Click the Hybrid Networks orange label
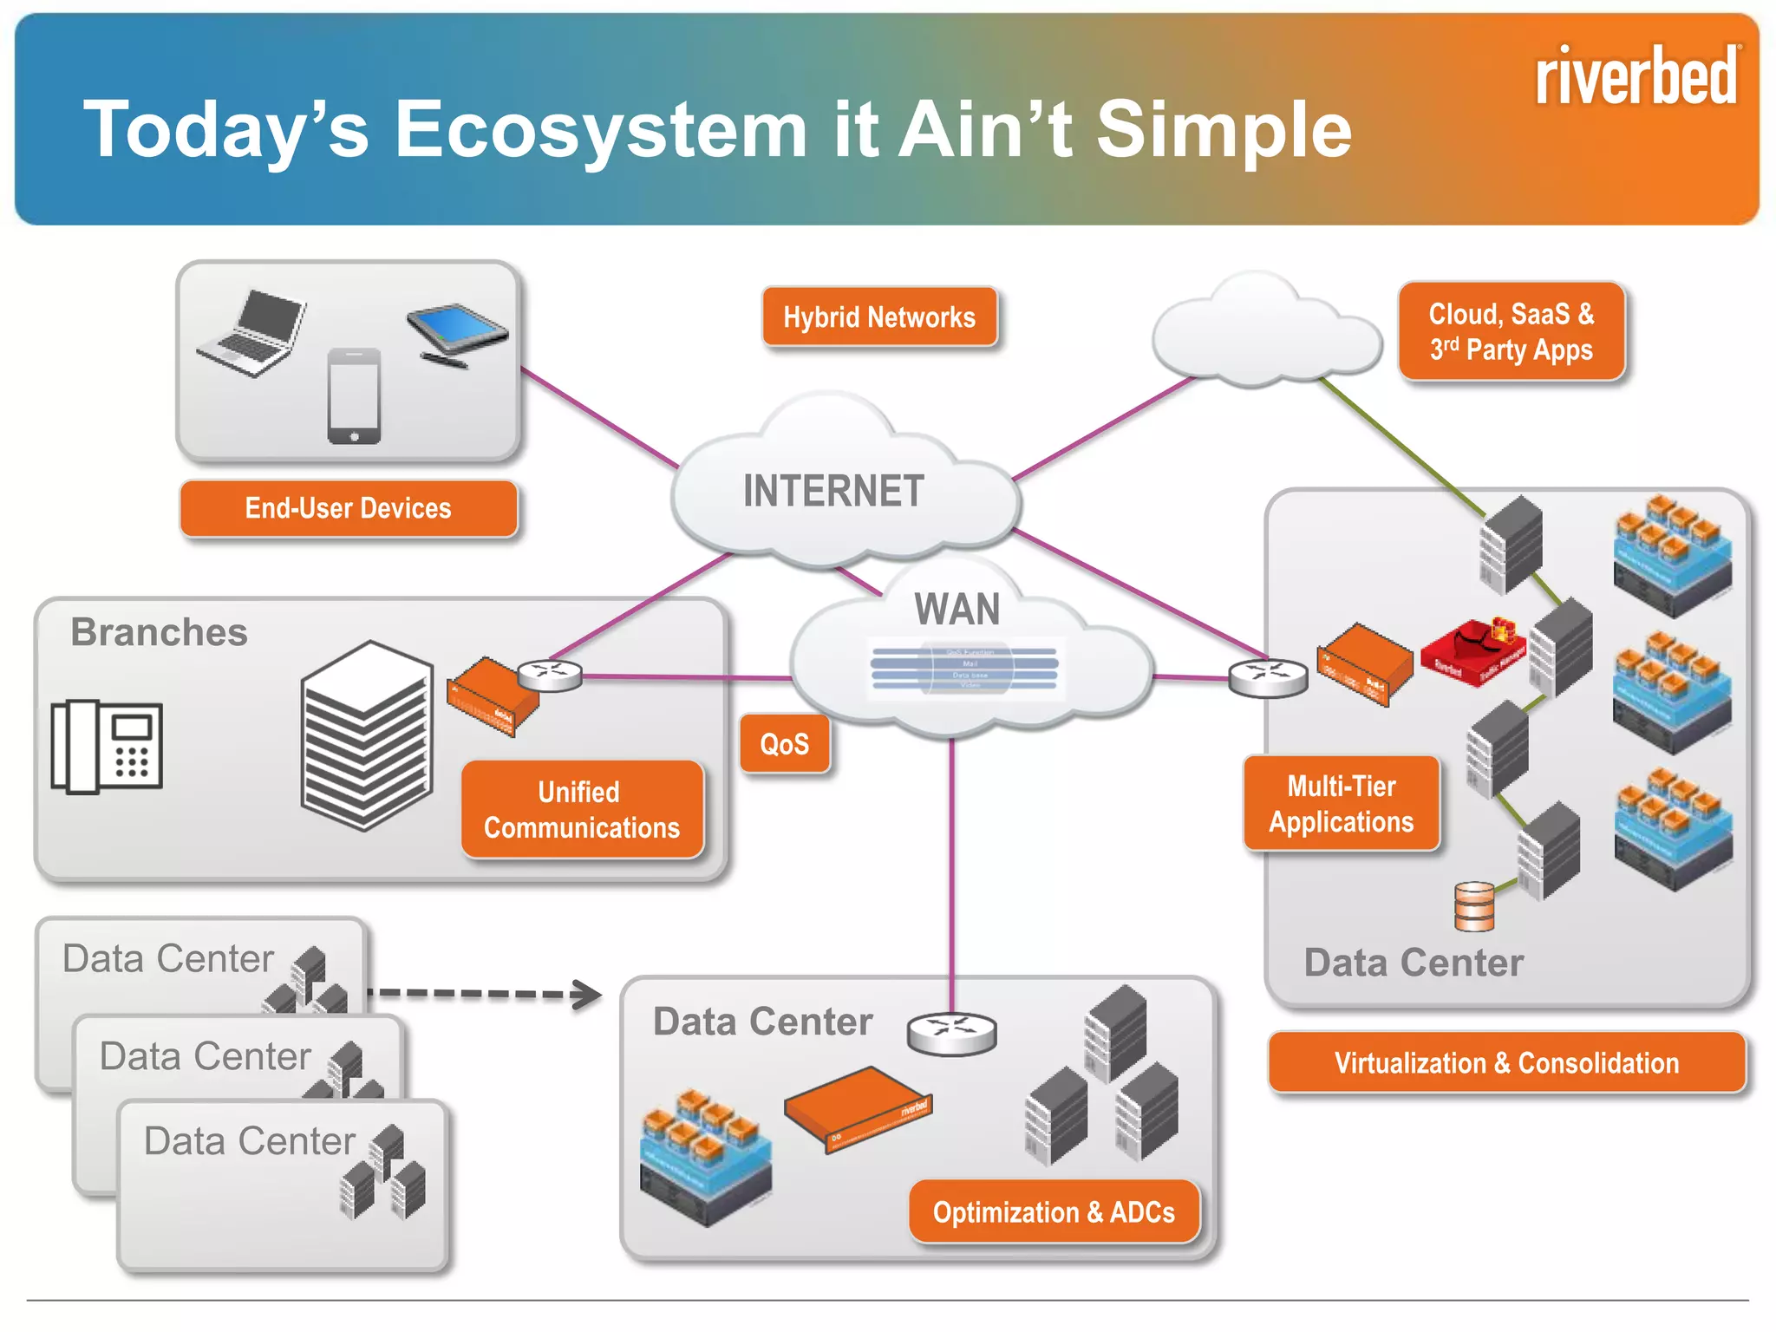pos(879,317)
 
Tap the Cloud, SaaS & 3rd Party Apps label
pos(1511,331)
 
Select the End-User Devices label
pos(349,508)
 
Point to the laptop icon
pos(252,334)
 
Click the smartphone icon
pos(354,395)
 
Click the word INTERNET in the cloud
pos(833,491)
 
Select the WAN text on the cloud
pos(957,609)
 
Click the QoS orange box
pos(785,744)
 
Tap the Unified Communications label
pos(582,810)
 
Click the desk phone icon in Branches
pos(107,746)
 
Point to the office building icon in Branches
pos(367,735)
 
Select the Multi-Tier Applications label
pos(1342,804)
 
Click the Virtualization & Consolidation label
pos(1506,1062)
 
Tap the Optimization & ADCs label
pos(1054,1211)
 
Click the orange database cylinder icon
pos(1474,906)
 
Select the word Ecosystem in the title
pos(601,130)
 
